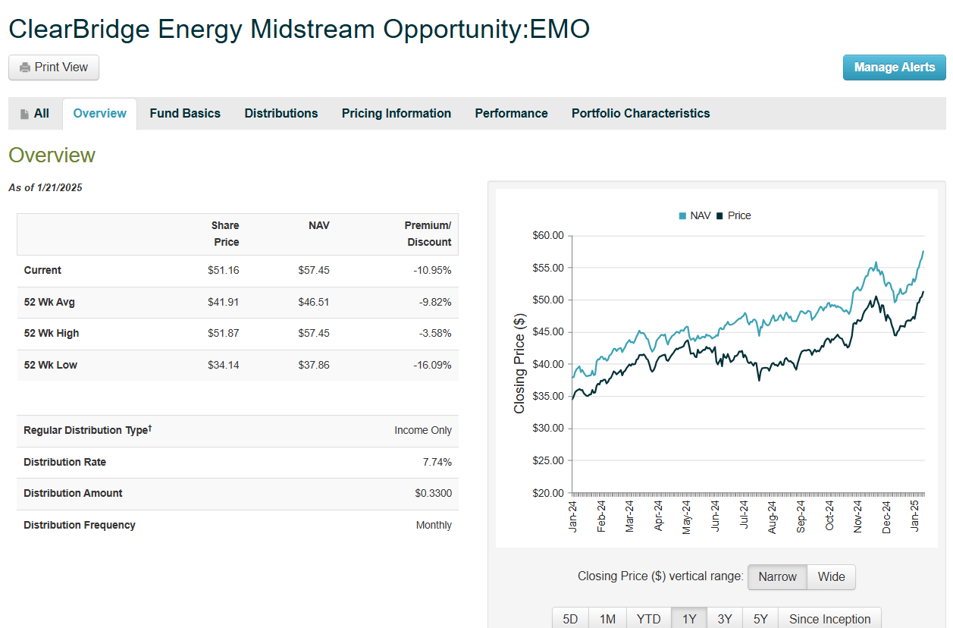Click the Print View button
point(54,68)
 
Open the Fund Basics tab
point(185,114)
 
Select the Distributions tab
point(281,114)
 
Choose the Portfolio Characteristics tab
point(641,114)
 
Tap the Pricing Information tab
point(396,114)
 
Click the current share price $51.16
point(223,271)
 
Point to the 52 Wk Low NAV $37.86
point(314,366)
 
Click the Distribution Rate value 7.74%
point(437,462)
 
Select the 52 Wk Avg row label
point(49,303)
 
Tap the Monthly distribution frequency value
point(434,526)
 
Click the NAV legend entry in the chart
point(694,216)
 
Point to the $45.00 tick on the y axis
point(548,332)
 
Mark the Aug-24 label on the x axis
point(773,517)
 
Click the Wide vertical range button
point(831,577)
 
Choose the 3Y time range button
point(725,619)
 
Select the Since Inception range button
point(829,619)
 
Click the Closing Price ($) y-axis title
point(519,363)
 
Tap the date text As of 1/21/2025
point(45,188)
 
